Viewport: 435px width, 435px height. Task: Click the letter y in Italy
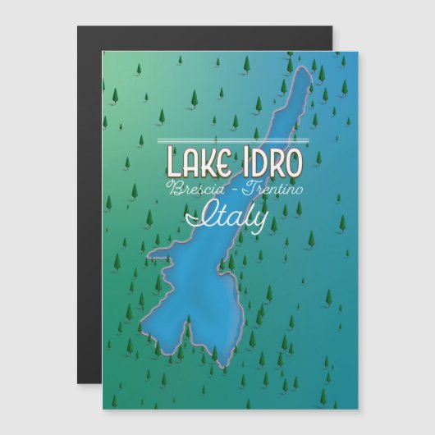(259, 220)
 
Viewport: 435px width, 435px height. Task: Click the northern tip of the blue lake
(306, 72)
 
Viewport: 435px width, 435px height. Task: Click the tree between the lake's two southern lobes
(212, 349)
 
